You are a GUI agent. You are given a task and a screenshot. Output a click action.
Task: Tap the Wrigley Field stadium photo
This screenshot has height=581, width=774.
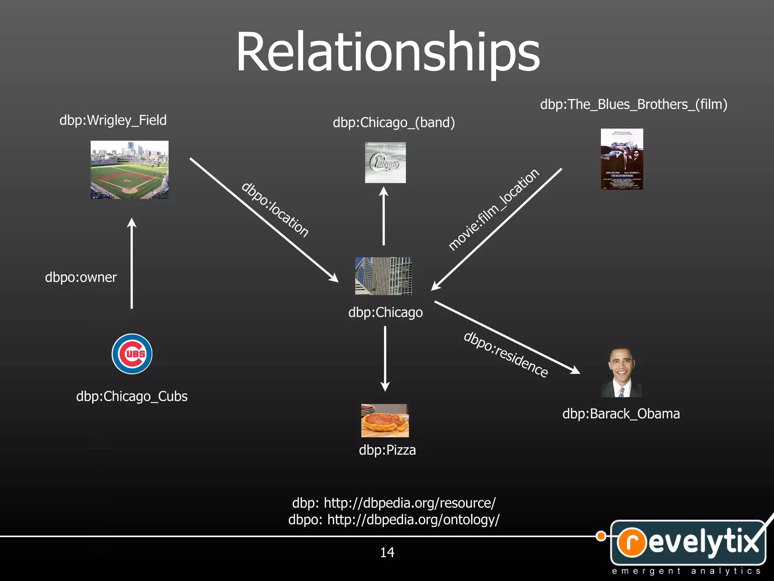[130, 170]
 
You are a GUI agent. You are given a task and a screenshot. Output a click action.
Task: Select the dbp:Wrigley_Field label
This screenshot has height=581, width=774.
[113, 120]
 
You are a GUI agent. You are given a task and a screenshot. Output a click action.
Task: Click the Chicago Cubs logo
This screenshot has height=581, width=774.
[132, 354]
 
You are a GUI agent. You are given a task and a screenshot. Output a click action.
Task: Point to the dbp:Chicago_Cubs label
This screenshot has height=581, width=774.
[132, 396]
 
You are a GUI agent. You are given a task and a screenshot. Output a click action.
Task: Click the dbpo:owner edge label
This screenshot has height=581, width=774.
[81, 277]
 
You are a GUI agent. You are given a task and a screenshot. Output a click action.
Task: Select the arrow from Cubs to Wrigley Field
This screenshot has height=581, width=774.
[132, 265]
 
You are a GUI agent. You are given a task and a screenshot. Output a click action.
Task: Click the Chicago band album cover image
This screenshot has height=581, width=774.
[385, 163]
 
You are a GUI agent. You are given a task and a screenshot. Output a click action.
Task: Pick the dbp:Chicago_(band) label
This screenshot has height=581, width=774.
[394, 123]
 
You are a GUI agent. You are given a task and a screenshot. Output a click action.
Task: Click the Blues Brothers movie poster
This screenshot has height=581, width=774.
[622, 159]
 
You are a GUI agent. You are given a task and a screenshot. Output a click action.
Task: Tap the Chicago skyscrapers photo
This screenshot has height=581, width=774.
[383, 276]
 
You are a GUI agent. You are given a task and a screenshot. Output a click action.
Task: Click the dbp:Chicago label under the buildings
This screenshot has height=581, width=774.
[385, 312]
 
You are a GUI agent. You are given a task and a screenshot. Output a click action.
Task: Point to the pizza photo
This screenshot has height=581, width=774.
[385, 421]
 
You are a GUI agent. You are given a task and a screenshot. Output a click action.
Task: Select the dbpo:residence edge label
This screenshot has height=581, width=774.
[506, 354]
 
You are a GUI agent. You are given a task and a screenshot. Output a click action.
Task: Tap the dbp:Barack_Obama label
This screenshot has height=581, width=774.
[621, 414]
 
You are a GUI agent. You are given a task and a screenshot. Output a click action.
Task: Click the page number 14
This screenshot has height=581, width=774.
[387, 553]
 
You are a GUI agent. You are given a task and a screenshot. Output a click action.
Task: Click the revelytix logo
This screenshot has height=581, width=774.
[688, 543]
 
